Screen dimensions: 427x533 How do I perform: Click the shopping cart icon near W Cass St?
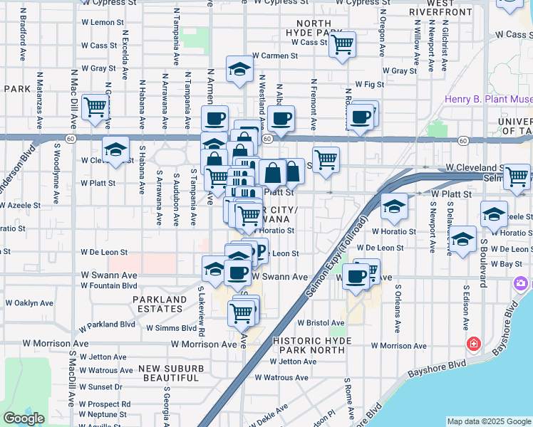343,45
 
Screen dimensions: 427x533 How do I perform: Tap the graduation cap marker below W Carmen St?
239,69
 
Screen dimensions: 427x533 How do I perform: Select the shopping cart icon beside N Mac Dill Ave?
94,107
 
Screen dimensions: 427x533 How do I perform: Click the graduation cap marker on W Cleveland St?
114,149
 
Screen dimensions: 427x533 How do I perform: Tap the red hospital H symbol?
473,344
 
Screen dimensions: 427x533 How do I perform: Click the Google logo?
24,418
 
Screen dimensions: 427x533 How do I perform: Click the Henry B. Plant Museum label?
489,100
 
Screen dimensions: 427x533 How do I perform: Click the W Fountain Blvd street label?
108,285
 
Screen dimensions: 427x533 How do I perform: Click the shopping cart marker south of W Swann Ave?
242,312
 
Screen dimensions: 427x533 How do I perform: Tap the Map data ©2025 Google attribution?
489,421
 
